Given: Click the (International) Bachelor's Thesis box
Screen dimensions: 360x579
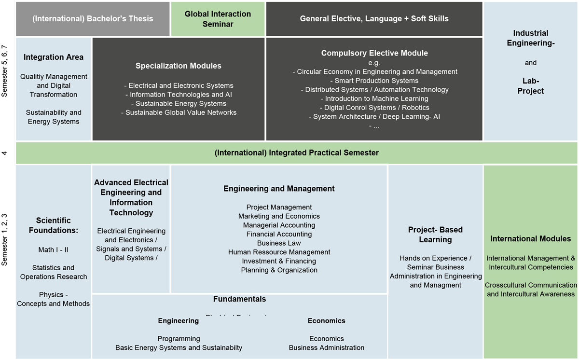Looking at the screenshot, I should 93,19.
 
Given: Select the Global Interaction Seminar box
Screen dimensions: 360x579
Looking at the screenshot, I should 218,19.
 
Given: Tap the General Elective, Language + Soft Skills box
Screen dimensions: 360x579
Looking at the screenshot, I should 374,19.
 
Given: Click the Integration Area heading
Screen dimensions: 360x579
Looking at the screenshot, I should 54,57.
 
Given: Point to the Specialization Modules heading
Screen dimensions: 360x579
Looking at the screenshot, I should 179,66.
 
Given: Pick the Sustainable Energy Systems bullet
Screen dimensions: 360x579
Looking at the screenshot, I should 179,103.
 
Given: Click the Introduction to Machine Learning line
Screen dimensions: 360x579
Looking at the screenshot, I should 374,98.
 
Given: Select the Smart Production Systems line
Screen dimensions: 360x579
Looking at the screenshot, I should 374,81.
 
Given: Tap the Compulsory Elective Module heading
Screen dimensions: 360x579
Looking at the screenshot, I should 374,53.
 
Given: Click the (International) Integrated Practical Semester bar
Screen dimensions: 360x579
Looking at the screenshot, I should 296,152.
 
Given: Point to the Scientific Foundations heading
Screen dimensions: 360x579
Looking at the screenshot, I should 54,225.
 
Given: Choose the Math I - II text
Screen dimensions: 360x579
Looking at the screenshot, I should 54,249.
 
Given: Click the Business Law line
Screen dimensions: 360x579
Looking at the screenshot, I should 279,243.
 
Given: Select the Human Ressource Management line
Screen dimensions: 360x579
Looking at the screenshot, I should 279,252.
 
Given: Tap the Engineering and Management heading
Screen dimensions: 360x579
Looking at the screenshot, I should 279,189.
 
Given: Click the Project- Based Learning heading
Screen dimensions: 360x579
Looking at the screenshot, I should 435,235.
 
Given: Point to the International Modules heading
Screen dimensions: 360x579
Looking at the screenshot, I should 530,239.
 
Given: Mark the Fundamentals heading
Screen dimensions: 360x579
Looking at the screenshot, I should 239,299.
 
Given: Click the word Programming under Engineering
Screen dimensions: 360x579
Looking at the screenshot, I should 179,339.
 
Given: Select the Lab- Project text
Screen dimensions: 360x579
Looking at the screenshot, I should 530,86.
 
